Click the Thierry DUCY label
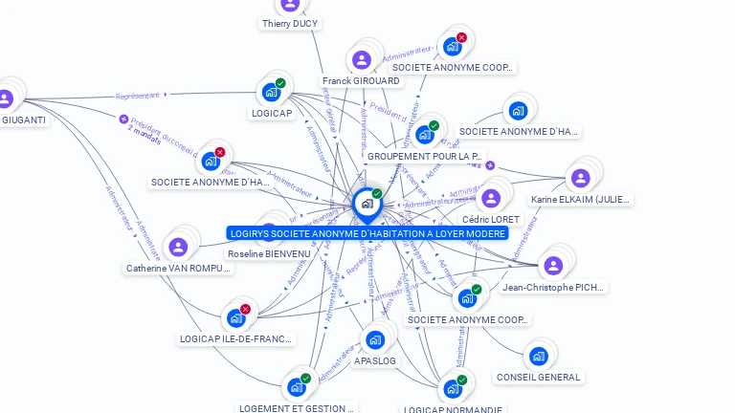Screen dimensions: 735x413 click(290, 24)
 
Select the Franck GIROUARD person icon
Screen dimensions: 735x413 click(362, 60)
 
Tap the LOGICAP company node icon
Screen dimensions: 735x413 click(271, 92)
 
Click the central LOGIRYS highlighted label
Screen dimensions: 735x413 click(368, 233)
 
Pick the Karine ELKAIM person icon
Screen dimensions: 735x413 click(580, 178)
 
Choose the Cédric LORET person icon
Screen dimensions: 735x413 click(491, 198)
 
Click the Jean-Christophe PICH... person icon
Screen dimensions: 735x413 click(552, 265)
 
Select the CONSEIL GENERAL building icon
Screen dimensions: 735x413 click(538, 357)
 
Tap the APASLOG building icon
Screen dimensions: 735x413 click(375, 339)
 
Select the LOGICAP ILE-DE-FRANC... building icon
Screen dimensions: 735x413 click(235, 317)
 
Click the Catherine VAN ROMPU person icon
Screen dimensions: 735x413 click(178, 247)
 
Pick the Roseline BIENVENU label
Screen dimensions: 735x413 click(269, 253)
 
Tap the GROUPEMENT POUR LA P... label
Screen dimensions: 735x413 click(425, 156)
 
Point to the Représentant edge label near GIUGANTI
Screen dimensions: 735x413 click(137, 96)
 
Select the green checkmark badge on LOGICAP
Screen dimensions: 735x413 click(280, 83)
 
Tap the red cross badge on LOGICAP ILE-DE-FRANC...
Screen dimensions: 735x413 click(245, 309)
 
